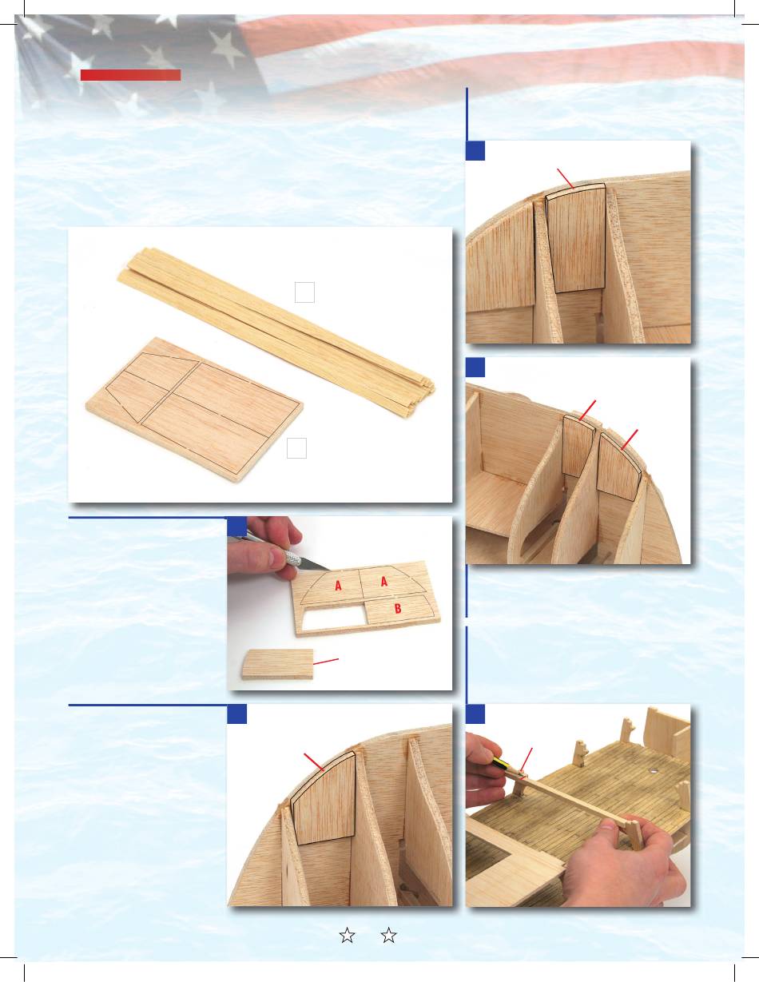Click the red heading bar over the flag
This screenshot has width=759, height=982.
pos(130,75)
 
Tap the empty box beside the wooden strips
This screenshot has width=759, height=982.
pos(304,292)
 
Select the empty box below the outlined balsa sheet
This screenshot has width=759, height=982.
pos(296,447)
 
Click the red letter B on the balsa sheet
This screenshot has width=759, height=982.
pos(398,608)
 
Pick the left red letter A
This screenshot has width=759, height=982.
pos(338,586)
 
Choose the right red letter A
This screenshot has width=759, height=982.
pos(383,581)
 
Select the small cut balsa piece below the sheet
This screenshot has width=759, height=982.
pos(277,664)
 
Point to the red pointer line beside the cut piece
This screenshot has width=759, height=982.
pos(326,662)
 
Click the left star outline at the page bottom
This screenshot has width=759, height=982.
pos(347,935)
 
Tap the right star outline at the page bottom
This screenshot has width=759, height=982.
pos(388,935)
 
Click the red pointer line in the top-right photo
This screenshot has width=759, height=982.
pos(565,178)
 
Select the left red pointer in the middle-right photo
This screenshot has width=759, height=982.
pos(587,411)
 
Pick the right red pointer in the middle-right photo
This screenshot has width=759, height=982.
pos(630,439)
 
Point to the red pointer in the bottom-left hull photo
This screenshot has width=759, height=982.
pos(314,762)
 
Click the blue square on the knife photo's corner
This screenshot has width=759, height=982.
pos(236,527)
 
